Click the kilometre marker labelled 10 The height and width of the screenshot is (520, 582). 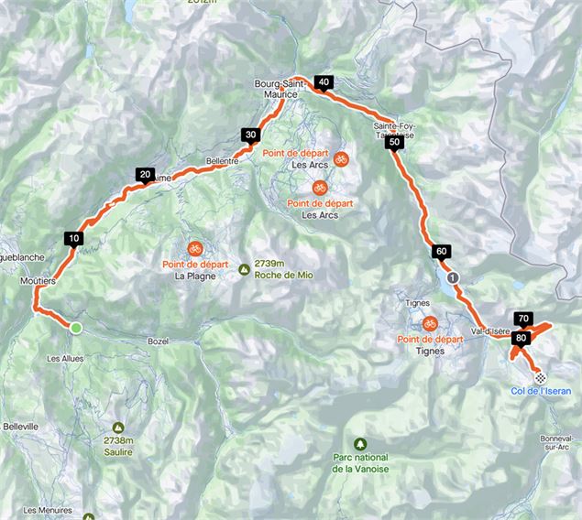(x=74, y=238)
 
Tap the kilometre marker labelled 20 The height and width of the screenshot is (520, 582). (x=145, y=173)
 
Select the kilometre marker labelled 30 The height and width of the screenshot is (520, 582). (x=250, y=135)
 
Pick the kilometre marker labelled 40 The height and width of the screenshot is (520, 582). (x=323, y=81)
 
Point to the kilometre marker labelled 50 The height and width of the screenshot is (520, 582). (x=393, y=142)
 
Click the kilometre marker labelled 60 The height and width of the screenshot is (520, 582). (x=441, y=251)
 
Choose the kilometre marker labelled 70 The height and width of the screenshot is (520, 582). (x=523, y=319)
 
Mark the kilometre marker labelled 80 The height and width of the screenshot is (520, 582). (x=521, y=337)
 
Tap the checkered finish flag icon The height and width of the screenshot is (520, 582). (x=541, y=376)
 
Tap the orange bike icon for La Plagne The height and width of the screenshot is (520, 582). (x=194, y=248)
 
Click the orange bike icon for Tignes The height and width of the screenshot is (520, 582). (x=429, y=323)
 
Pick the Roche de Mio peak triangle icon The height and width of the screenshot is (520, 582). (x=243, y=269)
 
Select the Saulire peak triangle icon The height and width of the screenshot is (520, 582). (x=119, y=428)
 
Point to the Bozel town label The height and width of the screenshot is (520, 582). (x=159, y=341)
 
